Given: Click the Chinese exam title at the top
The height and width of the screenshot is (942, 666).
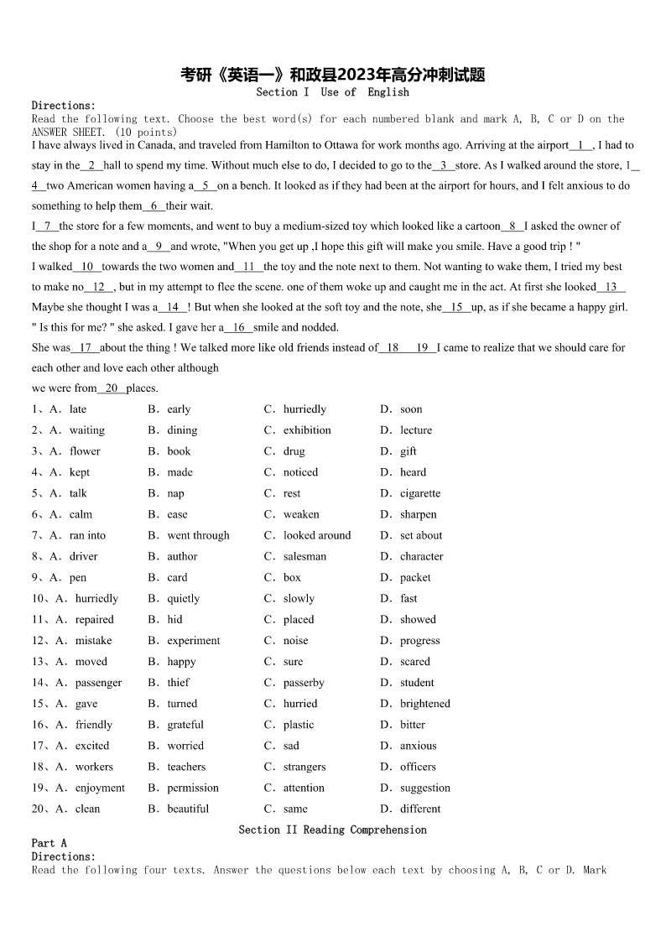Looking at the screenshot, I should click(x=333, y=75).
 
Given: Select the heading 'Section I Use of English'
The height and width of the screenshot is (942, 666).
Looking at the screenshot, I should click(x=333, y=92).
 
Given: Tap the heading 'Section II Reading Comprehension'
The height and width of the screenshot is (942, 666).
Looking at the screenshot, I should click(x=333, y=830).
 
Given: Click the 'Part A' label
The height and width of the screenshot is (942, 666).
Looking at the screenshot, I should click(x=49, y=843).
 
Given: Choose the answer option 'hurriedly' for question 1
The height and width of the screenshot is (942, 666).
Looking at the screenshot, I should click(x=304, y=409).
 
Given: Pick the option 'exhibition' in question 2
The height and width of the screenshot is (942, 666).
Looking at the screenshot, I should click(x=307, y=430).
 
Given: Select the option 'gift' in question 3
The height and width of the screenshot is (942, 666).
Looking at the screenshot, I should click(x=408, y=451).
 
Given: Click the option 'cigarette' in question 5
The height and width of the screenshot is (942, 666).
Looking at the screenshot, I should click(x=420, y=493).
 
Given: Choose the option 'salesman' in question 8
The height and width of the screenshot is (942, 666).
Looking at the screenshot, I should click(x=305, y=556).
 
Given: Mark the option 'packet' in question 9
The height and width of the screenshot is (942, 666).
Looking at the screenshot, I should click(x=416, y=577).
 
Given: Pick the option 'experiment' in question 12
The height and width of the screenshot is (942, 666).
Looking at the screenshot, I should click(x=194, y=640).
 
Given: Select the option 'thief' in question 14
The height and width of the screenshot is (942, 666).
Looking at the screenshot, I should click(x=179, y=683).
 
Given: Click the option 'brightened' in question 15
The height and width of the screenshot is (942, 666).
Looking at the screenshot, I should click(x=425, y=704).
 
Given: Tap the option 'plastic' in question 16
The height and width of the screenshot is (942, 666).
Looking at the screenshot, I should click(x=299, y=725).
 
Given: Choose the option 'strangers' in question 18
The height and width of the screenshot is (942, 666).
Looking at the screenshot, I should click(x=305, y=767).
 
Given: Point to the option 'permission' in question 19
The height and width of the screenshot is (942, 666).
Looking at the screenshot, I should click(x=193, y=788).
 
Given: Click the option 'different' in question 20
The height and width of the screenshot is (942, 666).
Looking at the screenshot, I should click(x=421, y=809).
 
